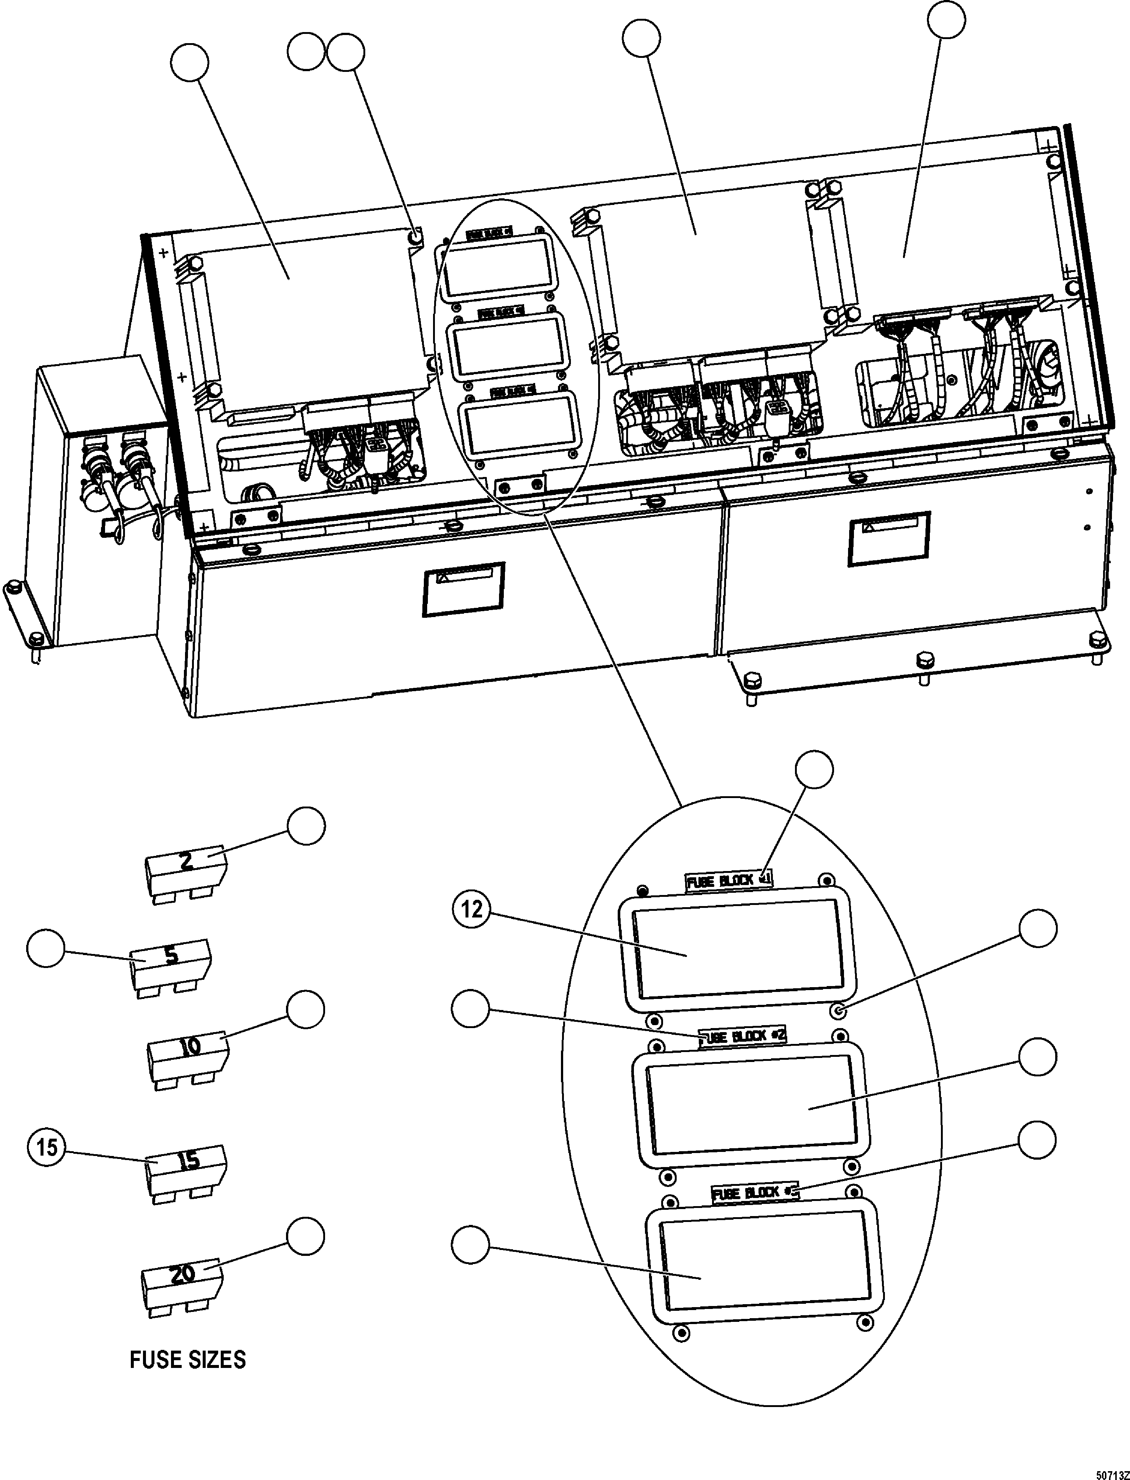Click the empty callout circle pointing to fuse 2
click(x=306, y=827)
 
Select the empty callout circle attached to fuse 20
click(x=306, y=1236)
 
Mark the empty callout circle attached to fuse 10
click(x=306, y=1009)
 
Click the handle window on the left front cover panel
click(x=463, y=589)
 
